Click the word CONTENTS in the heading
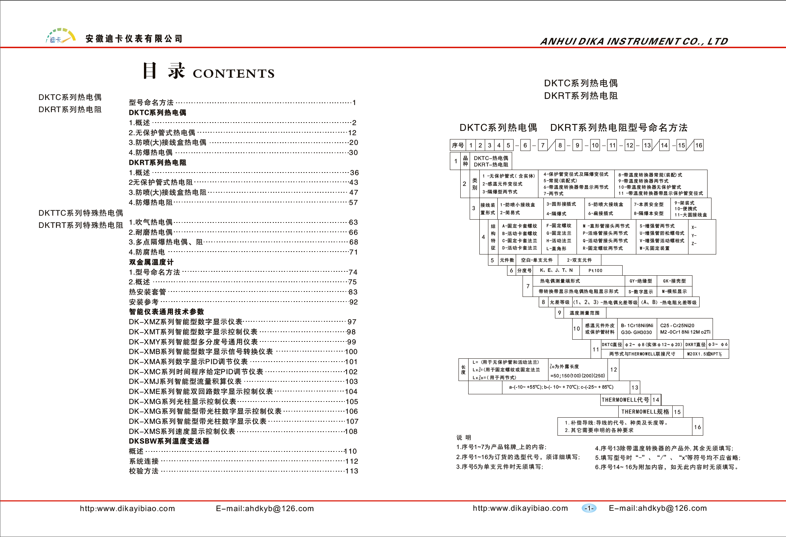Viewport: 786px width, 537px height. [x=234, y=73]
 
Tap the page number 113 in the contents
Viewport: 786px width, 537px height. [x=352, y=471]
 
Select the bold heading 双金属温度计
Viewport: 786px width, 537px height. [x=151, y=262]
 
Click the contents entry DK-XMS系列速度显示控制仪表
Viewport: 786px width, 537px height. [x=182, y=431]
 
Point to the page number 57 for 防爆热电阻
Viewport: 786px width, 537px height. [x=353, y=202]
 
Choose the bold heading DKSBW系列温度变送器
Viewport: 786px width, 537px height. [x=169, y=441]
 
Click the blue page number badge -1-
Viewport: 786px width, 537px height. [x=589, y=508]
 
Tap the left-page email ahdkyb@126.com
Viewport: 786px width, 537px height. [x=265, y=508]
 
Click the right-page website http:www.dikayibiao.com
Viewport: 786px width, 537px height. [x=520, y=508]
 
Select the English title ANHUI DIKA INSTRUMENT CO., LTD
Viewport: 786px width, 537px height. [x=634, y=41]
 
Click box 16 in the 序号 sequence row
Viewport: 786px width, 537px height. [x=699, y=145]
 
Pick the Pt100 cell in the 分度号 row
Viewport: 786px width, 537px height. [x=595, y=271]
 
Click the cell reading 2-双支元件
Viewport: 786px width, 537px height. [x=579, y=260]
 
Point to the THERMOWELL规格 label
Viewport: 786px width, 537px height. [x=645, y=412]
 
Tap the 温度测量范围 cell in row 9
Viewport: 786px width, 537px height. [x=584, y=313]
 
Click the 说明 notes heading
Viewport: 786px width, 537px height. [x=464, y=437]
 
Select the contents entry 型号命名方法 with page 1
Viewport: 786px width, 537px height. [x=151, y=102]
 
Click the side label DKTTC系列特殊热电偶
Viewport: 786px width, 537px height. [x=81, y=213]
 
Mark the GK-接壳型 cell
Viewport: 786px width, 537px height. [x=674, y=281]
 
